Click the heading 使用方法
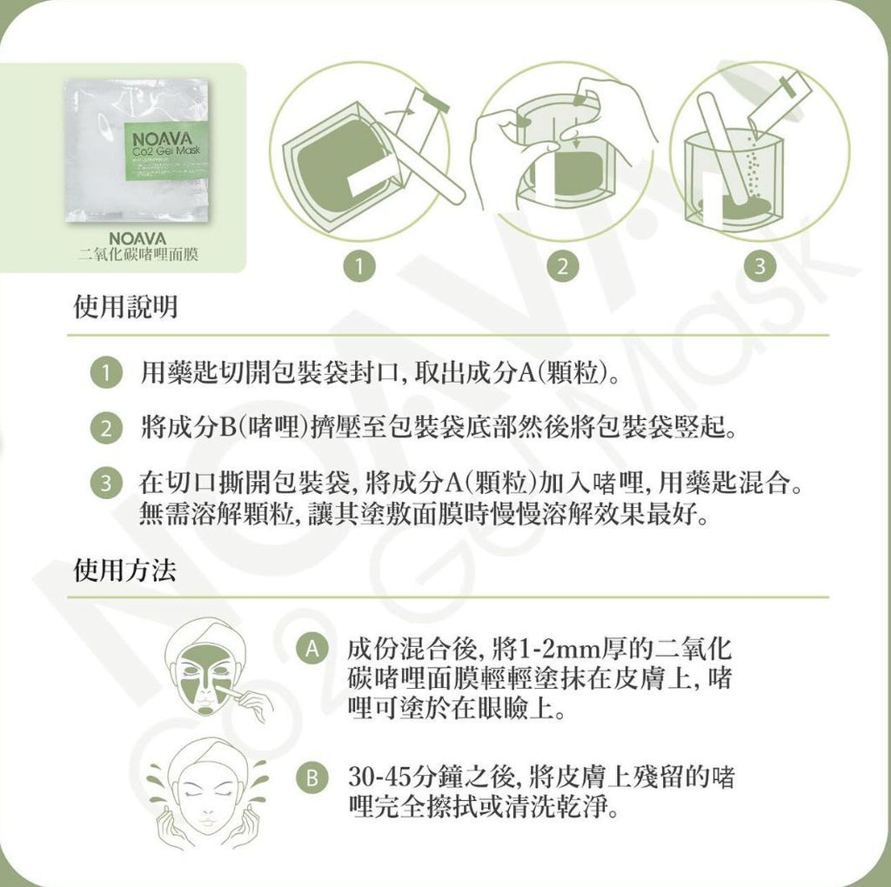point(125,570)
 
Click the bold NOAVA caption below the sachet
point(139,238)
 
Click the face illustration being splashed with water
point(207,791)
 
